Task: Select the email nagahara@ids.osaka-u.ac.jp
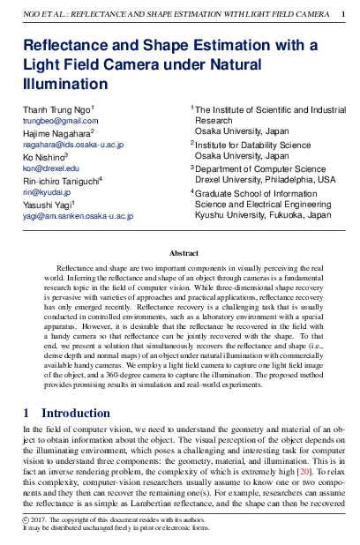[x=73, y=144]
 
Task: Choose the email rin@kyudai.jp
[x=45, y=191]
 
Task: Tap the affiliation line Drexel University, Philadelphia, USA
[x=265, y=179]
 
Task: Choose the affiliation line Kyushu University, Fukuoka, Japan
[x=263, y=214]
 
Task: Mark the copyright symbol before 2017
[x=26, y=520]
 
